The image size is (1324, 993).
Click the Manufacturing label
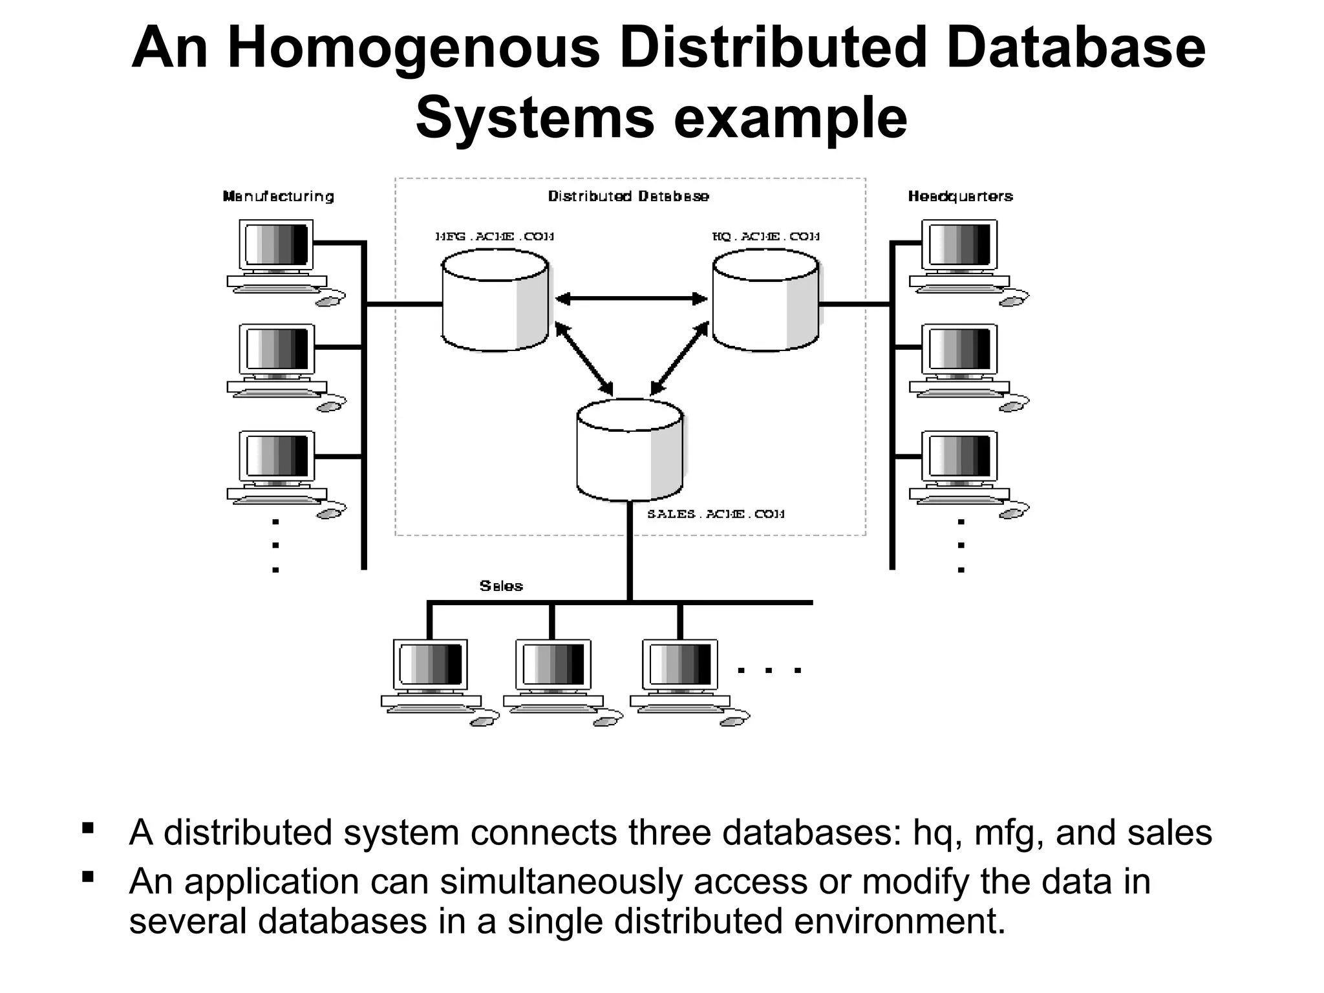click(279, 197)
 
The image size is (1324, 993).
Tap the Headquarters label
click(960, 197)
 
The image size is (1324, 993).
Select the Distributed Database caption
click(628, 197)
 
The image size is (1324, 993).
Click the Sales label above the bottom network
click(501, 586)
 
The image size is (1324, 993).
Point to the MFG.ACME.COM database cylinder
click(495, 301)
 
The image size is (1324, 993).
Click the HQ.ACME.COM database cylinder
click(765, 301)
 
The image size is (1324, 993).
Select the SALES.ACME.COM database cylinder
click(630, 451)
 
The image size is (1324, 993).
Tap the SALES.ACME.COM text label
click(716, 514)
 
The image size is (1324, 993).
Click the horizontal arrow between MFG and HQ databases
click(631, 299)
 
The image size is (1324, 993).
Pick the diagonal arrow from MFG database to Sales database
click(584, 359)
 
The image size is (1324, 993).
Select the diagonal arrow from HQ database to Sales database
click(679, 359)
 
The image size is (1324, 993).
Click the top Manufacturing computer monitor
click(277, 244)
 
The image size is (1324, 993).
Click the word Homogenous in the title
click(414, 48)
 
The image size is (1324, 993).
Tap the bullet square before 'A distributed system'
click(89, 827)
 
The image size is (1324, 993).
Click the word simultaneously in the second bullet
click(561, 881)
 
